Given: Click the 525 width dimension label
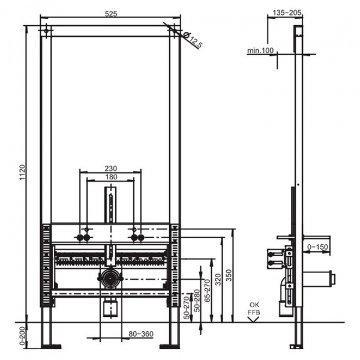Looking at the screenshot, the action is (111, 14).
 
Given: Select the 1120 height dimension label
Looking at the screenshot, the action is (23, 172).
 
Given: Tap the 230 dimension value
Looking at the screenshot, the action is (110, 169).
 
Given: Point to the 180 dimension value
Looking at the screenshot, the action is (111, 177).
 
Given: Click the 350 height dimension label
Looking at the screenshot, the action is (229, 275).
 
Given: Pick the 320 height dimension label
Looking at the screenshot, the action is (218, 280).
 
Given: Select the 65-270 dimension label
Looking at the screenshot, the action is (208, 290).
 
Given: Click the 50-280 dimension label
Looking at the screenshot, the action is (197, 301).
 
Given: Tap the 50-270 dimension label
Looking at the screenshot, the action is (187, 308).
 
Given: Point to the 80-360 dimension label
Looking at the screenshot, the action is (141, 334).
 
